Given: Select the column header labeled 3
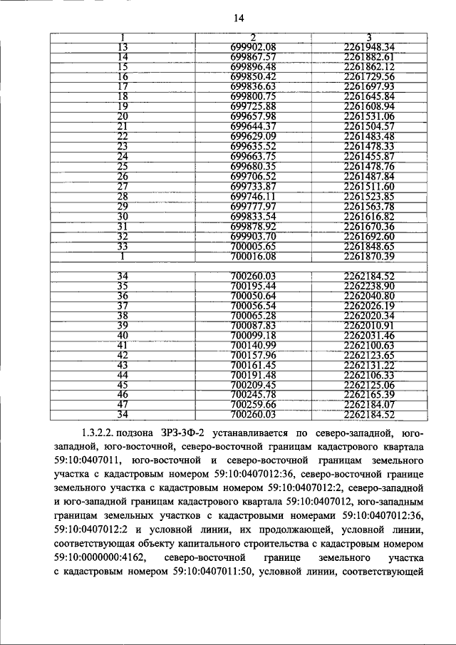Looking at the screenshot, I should pyautogui.click(x=368, y=37).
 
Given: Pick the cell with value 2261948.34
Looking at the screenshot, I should pyautogui.click(x=368, y=47).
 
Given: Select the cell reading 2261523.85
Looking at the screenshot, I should pyautogui.click(x=368, y=195).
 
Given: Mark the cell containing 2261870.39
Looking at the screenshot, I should pyautogui.click(x=368, y=254).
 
